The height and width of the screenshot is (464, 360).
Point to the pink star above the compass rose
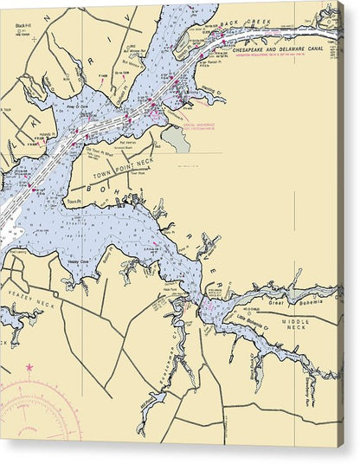(x=29, y=367)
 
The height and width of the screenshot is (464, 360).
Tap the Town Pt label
(x=73, y=203)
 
